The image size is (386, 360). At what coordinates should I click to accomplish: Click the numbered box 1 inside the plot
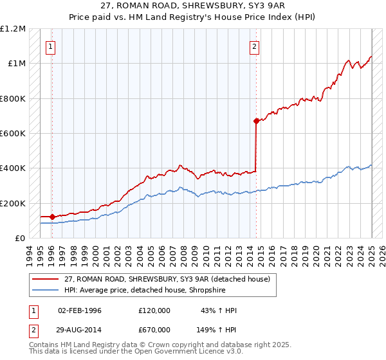pos(50,46)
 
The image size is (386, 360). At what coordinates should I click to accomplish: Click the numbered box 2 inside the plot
pos(255,46)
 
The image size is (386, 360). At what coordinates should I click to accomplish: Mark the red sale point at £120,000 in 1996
pos(52,217)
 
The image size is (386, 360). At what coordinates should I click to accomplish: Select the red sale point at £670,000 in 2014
pos(256,121)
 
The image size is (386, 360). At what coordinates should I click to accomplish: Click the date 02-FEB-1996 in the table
pos(80,311)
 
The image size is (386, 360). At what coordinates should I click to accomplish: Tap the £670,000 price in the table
pos(154,329)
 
